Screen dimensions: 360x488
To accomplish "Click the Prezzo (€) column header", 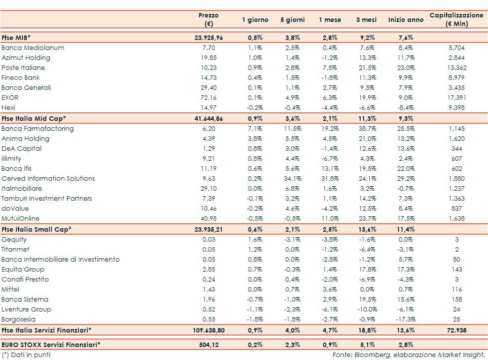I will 208,19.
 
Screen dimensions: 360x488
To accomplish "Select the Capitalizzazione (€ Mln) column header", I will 457,19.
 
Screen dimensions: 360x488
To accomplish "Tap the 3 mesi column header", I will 366,20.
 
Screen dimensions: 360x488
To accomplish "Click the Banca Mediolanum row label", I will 33,48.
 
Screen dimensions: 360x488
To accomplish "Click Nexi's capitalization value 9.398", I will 457,108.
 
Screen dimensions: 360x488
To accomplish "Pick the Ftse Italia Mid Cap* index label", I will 34,118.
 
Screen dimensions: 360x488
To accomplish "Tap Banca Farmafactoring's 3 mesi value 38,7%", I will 366,128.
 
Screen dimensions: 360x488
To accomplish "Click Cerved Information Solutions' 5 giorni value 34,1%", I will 292,178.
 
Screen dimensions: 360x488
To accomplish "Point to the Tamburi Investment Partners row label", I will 47,198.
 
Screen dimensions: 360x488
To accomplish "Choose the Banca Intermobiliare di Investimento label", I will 60,259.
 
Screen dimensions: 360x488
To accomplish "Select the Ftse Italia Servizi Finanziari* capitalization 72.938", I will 457,330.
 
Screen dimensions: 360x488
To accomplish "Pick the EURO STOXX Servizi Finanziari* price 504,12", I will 208,344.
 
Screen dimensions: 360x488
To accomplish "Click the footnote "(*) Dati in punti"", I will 26,355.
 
